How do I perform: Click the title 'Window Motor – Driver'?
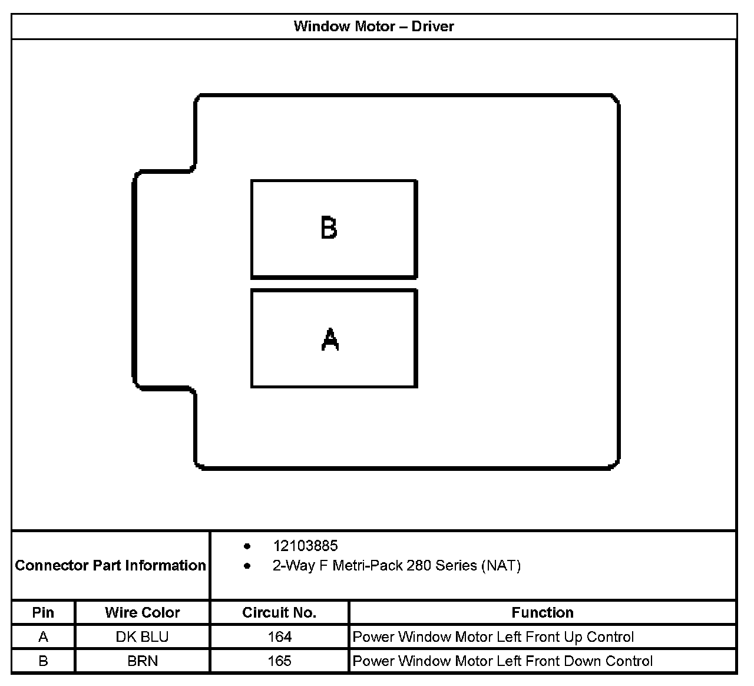[373, 27]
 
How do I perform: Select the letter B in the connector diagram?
[329, 228]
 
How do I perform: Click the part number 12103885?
[305, 546]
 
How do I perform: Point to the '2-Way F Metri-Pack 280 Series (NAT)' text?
[396, 566]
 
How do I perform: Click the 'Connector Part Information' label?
[111, 566]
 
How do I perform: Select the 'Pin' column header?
[43, 612]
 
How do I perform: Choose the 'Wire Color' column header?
[143, 612]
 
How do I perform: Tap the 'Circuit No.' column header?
[279, 612]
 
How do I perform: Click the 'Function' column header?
[542, 612]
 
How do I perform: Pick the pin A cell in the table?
[43, 637]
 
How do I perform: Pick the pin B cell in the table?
[43, 661]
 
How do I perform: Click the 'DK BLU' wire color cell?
[143, 637]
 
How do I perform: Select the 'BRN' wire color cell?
[143, 661]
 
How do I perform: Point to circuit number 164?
[279, 637]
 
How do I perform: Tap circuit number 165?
[279, 661]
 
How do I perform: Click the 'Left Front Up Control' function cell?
[493, 637]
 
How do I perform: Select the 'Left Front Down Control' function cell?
[502, 661]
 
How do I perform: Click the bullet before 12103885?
[247, 546]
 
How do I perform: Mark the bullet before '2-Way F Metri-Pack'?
[247, 566]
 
